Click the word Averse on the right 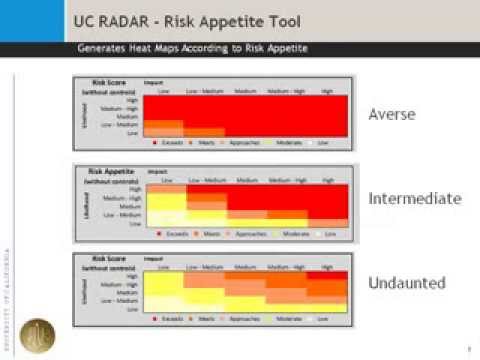coord(391,114)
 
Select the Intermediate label coord(415,198)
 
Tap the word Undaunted coord(405,284)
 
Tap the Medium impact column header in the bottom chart coord(246,264)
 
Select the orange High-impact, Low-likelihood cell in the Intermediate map coord(327,221)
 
